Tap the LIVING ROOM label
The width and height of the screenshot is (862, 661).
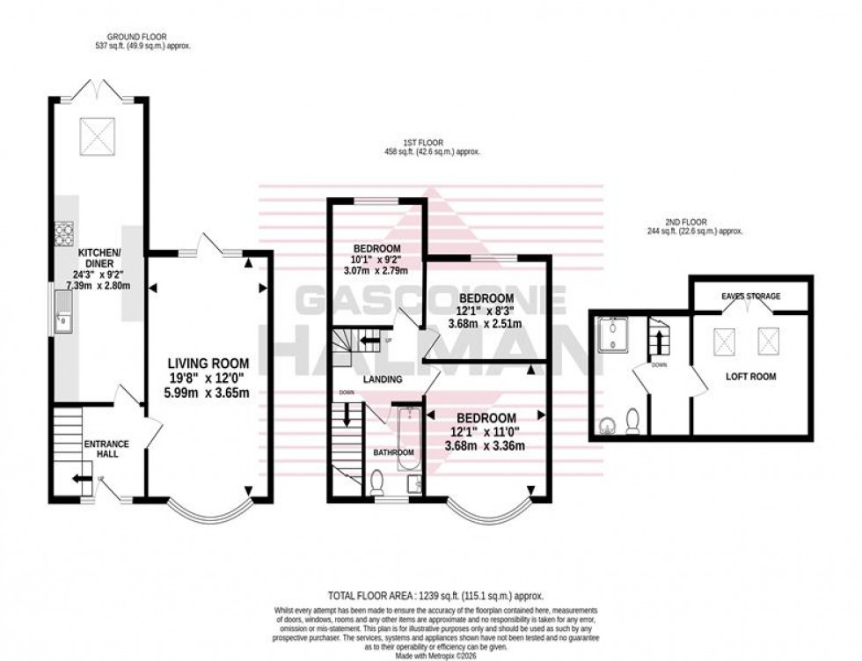tap(209, 363)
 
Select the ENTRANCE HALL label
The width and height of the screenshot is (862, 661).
tap(106, 450)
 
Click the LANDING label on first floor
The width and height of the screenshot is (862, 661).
tap(383, 380)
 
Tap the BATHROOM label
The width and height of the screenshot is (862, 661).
tap(393, 452)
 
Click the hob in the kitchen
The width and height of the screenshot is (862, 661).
tap(64, 232)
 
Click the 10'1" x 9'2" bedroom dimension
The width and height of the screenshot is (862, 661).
tap(377, 261)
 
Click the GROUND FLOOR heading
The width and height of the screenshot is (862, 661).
tap(143, 40)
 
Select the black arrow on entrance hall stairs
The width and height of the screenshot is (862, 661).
tap(81, 478)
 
